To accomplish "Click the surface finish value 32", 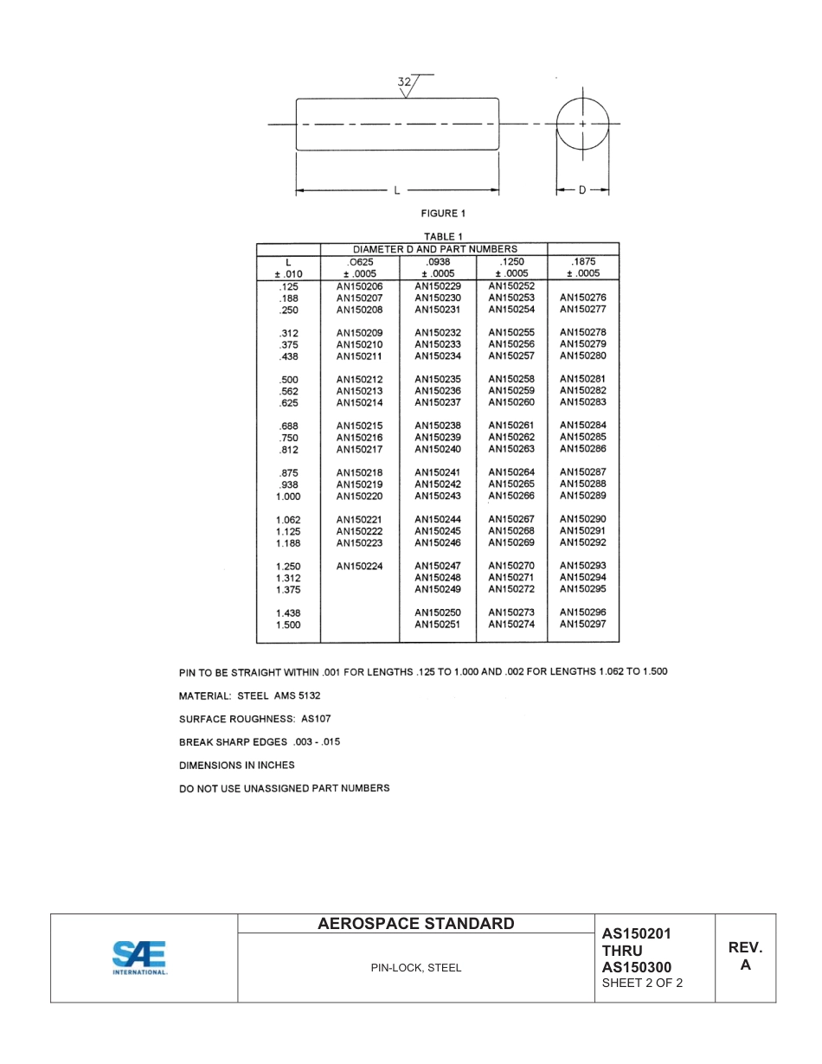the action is click(x=404, y=82).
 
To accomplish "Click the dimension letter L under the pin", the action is click(x=396, y=190).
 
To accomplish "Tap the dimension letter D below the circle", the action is click(x=582, y=190).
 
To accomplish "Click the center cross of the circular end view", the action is click(x=582, y=125).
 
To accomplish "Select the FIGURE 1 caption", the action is click(x=443, y=214).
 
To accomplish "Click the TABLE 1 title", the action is click(x=443, y=237).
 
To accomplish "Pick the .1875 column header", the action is click(x=583, y=261).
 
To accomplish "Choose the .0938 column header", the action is click(x=438, y=261).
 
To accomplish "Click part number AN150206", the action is click(x=359, y=286).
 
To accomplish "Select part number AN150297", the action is click(x=582, y=625).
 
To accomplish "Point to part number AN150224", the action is click(x=359, y=567).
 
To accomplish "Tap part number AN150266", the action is click(x=511, y=497).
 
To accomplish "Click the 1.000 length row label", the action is click(x=288, y=497).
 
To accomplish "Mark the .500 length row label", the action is click(x=288, y=380).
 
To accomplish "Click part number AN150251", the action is click(x=437, y=625).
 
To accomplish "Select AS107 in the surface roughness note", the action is click(x=316, y=719).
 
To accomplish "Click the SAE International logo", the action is click(x=139, y=958).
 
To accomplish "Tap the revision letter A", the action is click(x=745, y=965).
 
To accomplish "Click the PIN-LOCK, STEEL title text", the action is click(x=416, y=968).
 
